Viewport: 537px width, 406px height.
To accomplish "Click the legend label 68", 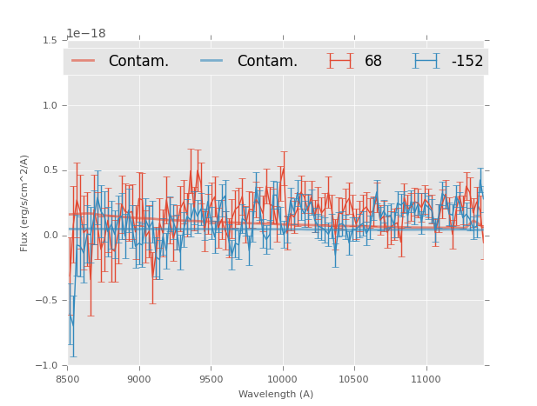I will pos(373,61).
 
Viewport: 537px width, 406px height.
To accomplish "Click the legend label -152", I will pos(467,61).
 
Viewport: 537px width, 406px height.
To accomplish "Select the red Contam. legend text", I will pos(138,61).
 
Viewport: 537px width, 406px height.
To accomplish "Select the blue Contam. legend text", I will pos(267,61).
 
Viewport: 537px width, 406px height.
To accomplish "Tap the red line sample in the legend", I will pos(83,61).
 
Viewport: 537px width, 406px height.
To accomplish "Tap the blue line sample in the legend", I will pos(211,61).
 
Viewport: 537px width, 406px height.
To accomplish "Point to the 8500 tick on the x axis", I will pos(67,379).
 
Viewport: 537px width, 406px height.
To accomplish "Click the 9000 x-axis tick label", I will pos(139,379).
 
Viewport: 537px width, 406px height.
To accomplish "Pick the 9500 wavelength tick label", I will pos(211,379).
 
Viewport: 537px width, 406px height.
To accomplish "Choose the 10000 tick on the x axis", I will pos(282,379).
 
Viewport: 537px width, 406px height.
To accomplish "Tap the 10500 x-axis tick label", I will pos(354,379).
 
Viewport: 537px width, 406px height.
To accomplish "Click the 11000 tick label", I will pos(426,379).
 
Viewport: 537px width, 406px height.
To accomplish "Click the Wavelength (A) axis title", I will pos(275,395).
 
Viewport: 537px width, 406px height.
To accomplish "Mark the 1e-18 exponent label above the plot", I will pos(86,33).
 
